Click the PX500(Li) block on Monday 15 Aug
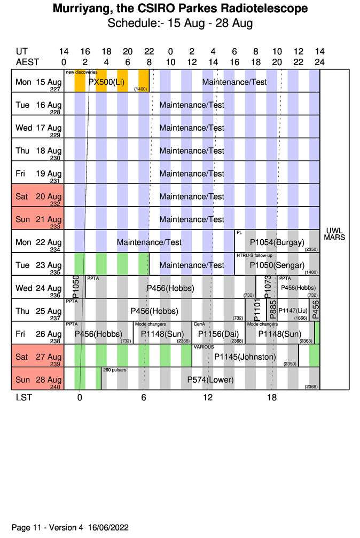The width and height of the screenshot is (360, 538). [107, 82]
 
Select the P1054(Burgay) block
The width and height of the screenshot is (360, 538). [277, 242]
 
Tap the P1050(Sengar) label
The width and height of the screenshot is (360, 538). [277, 265]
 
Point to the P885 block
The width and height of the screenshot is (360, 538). [272, 310]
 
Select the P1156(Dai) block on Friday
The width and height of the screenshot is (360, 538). [218, 334]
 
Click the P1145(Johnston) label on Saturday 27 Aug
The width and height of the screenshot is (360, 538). [245, 357]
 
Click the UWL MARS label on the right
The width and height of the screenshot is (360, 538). [334, 234]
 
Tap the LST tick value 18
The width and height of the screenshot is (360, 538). [272, 398]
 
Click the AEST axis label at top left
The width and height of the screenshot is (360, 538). [27, 61]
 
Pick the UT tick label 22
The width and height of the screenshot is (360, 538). [149, 52]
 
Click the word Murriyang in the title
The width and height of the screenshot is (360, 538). [82, 9]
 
